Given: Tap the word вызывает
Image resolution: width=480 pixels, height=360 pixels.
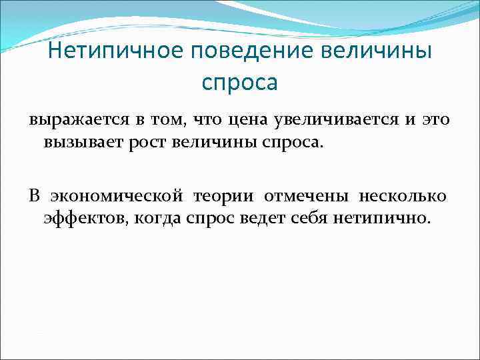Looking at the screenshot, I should (75, 141).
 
